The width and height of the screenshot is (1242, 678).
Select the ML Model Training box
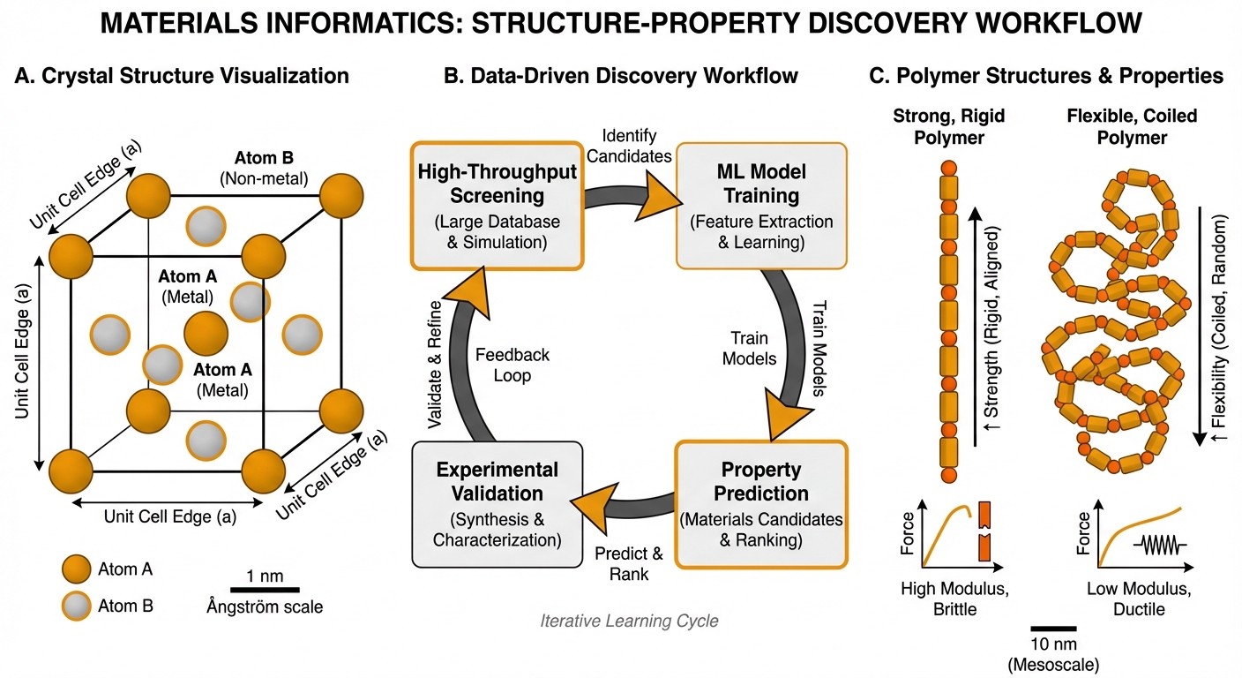coord(759,205)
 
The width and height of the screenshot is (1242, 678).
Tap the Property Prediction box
coord(759,504)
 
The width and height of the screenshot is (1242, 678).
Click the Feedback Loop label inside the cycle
coord(513,365)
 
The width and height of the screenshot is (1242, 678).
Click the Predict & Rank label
coord(628,563)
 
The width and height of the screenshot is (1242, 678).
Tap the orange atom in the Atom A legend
coord(77,570)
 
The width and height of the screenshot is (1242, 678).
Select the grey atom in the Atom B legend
coord(77,606)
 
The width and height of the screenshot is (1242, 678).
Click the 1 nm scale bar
coord(265,588)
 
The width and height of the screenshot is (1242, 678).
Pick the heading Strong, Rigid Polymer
coord(948,126)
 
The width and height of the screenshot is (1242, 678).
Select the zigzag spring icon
coord(1161,545)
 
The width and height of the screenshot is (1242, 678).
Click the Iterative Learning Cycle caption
coord(629,621)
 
